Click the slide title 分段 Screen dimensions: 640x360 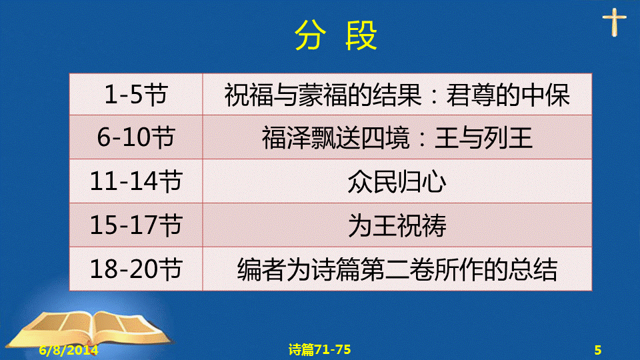(x=335, y=35)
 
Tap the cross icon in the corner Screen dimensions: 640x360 (x=614, y=22)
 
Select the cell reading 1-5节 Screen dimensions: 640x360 (x=136, y=95)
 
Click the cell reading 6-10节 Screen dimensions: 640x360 (x=136, y=137)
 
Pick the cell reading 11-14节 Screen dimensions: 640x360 (x=136, y=181)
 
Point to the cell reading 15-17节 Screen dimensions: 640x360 (x=136, y=225)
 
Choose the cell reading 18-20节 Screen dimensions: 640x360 (x=136, y=269)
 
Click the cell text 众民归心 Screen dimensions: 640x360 (x=397, y=181)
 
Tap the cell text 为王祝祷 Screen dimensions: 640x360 (x=397, y=225)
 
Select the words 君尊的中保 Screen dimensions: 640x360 (x=508, y=95)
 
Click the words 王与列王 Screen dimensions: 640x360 (x=484, y=137)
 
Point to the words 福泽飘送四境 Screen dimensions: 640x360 (x=335, y=137)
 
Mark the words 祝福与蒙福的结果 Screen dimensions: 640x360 (x=323, y=95)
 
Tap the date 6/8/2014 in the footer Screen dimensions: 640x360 (x=69, y=350)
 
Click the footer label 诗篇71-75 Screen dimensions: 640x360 (x=319, y=349)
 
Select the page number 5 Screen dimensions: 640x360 (x=598, y=350)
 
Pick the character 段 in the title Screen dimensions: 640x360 (x=361, y=35)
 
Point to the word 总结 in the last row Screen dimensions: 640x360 (x=533, y=269)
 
